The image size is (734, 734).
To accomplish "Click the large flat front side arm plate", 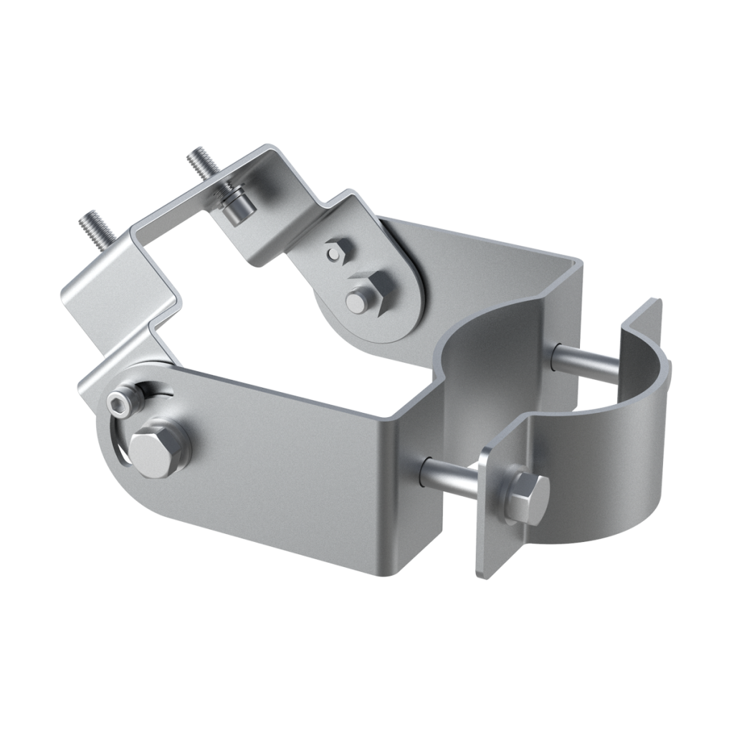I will coord(287,459).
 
